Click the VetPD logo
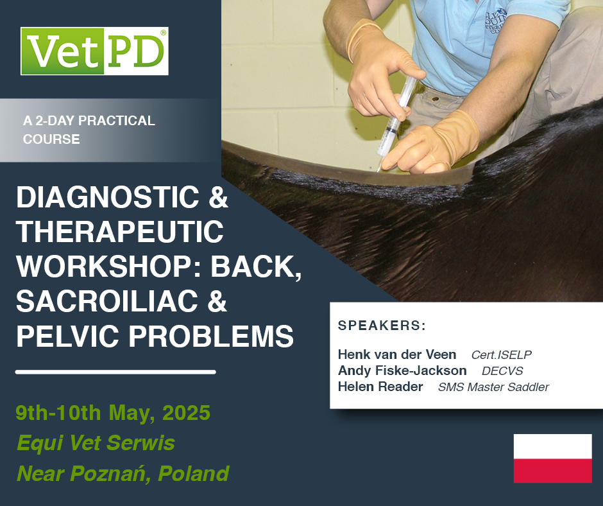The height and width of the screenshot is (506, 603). coord(94,51)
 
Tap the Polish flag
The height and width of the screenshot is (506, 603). coord(552,458)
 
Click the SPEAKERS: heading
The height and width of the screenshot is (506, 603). coord(382,325)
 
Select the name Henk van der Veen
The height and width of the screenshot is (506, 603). coord(397,354)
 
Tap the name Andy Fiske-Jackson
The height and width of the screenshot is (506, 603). coord(402,371)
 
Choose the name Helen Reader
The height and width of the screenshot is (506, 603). coord(380,387)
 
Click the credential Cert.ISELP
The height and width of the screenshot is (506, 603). coord(501,355)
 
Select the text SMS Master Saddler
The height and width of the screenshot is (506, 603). coord(493,387)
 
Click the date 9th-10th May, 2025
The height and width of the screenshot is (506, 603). coord(113,412)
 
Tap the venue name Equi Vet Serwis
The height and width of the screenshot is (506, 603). coord(96,442)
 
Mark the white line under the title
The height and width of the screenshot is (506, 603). coord(115,371)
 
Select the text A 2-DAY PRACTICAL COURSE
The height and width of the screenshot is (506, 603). coord(89,130)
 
